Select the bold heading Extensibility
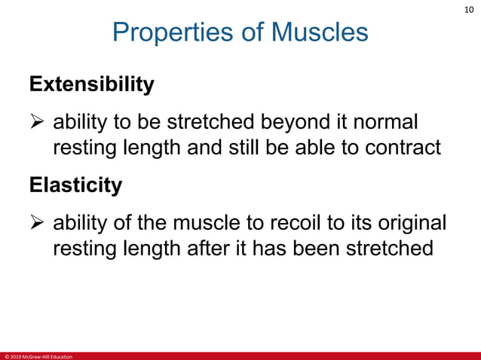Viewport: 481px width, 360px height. point(92,84)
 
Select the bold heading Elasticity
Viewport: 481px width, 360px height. point(75,185)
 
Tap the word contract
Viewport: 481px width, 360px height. point(397,148)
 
